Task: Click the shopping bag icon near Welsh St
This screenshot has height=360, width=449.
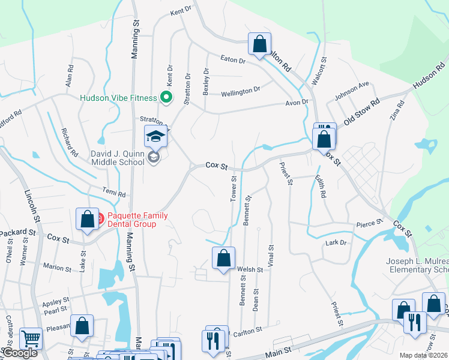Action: [223, 259]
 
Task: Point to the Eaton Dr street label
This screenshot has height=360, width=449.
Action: [234, 61]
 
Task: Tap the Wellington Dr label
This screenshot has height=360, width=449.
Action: [240, 91]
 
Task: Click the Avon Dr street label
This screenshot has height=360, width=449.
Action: [296, 103]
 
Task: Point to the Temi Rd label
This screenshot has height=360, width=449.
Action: [113, 195]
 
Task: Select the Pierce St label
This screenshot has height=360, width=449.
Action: [370, 223]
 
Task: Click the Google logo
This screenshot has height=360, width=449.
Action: [19, 353]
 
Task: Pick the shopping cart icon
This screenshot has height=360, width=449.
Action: [31, 339]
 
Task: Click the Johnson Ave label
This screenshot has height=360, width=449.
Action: [352, 91]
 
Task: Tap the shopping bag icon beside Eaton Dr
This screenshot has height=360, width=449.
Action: [259, 44]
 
